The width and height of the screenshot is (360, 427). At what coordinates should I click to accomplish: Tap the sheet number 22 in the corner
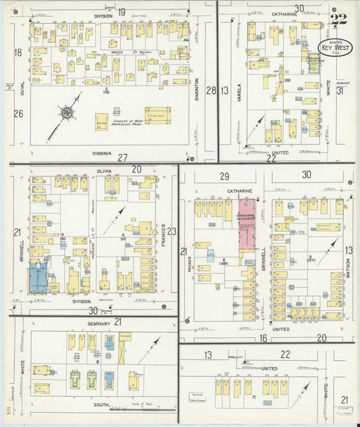[x=339, y=17]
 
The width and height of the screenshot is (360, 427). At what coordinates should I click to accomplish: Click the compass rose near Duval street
[x=68, y=113]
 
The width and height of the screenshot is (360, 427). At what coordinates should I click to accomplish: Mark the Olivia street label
[x=103, y=172]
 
